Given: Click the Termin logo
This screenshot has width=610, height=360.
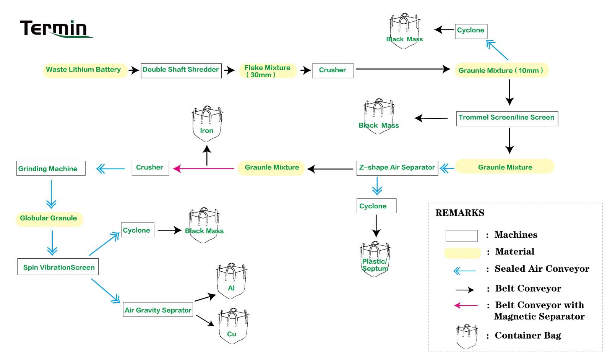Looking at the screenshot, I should [x=57, y=29].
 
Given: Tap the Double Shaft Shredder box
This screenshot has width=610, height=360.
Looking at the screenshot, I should [x=181, y=70].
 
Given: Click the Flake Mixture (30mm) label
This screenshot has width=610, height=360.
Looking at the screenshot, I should [x=268, y=71].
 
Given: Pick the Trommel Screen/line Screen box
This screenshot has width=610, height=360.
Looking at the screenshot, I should [x=507, y=118].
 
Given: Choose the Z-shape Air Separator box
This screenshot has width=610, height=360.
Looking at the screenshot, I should [x=397, y=168].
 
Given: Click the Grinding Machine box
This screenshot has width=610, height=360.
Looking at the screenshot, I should [x=50, y=169].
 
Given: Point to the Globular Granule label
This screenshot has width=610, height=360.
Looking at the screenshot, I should [x=49, y=219].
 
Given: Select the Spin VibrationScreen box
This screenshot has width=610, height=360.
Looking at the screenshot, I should [x=58, y=267].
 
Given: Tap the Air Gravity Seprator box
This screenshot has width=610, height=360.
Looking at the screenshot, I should [x=158, y=310].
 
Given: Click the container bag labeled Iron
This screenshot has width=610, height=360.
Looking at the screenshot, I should [x=207, y=125].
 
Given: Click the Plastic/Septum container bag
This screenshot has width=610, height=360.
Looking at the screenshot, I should [x=375, y=259].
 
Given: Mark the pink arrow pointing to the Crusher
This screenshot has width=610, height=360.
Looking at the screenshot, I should [x=203, y=169].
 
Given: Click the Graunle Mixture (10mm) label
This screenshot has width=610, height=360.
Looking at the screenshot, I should [x=501, y=70].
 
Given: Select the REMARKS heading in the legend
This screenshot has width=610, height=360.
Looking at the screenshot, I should [x=460, y=213].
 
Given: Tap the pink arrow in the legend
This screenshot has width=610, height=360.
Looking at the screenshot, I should [x=466, y=305].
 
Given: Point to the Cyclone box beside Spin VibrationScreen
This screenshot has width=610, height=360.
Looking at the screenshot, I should [x=137, y=230].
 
